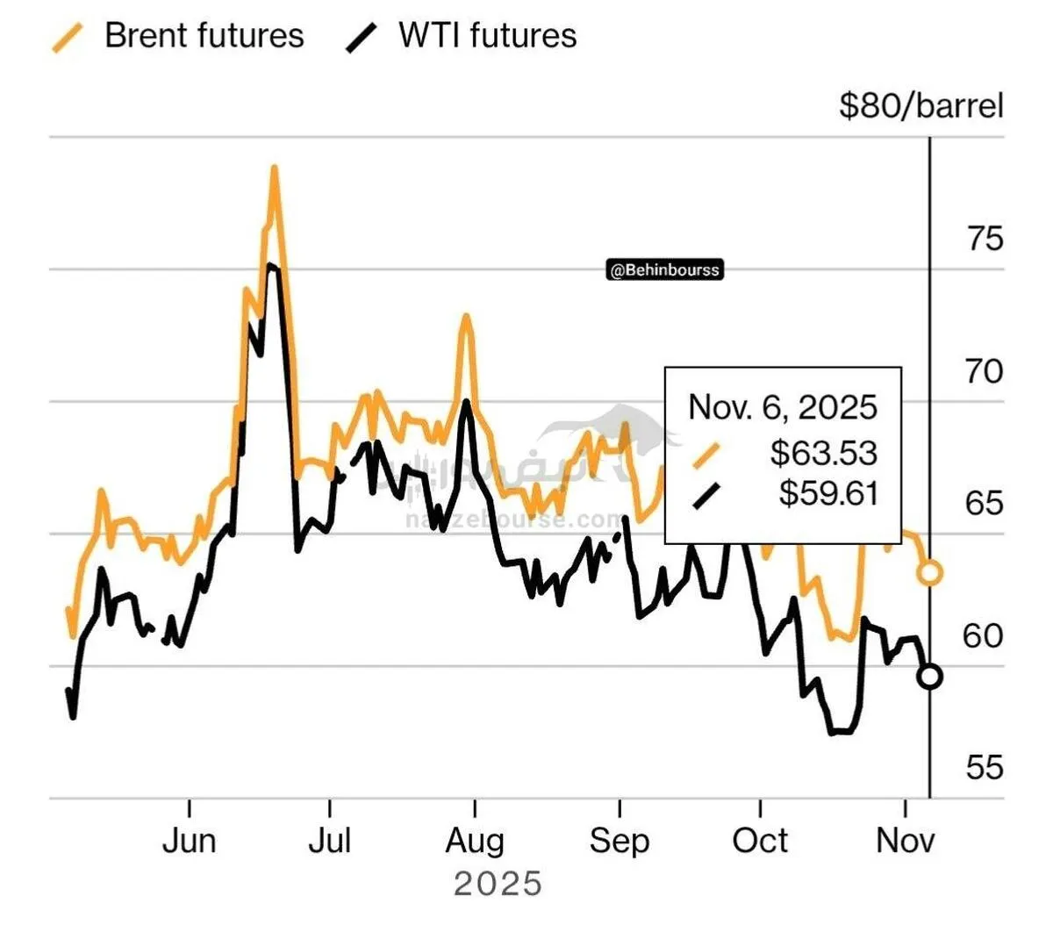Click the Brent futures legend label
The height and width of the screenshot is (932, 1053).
tap(204, 36)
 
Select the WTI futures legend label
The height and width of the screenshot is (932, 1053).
tap(487, 36)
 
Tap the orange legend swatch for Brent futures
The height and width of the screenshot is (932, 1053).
tap(68, 38)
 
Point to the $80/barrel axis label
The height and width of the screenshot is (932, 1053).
tap(920, 106)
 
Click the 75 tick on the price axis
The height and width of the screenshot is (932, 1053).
tap(984, 239)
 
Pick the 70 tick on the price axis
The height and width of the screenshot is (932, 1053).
tap(984, 371)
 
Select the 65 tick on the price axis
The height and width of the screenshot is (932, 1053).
tap(984, 504)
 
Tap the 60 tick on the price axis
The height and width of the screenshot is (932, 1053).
tap(984, 635)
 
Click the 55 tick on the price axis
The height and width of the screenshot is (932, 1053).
tap(984, 768)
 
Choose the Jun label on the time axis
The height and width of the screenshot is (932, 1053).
tap(190, 841)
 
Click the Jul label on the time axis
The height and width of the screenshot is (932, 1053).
tap(330, 841)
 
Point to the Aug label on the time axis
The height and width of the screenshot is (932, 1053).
tap(475, 841)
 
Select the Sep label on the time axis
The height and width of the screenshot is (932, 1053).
tap(620, 841)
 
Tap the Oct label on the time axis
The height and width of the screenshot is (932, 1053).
tap(760, 841)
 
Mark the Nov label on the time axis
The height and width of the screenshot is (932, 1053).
tap(906, 841)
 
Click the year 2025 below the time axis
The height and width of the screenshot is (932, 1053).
tap(498, 884)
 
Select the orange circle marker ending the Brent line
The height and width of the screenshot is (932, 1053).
tap(929, 574)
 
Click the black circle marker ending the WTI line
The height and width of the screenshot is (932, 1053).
tap(929, 677)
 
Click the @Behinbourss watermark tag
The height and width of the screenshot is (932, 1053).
tap(665, 270)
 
